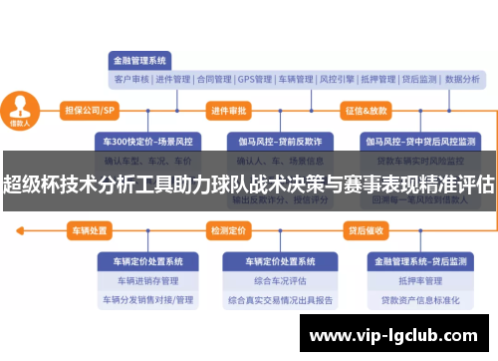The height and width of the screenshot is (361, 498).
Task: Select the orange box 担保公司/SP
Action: pyautogui.click(x=91, y=109)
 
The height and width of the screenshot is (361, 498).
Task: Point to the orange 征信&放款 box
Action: pyautogui.click(x=368, y=109)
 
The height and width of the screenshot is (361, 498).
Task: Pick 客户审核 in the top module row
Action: pyautogui.click(x=130, y=79)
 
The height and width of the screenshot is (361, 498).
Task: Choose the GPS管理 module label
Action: pyautogui.click(x=255, y=79)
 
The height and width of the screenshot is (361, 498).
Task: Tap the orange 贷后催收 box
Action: pyautogui.click(x=366, y=230)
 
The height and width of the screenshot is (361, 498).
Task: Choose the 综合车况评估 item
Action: pyautogui.click(x=279, y=280)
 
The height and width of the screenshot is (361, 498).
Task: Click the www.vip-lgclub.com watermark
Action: pyautogui.click(x=398, y=336)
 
